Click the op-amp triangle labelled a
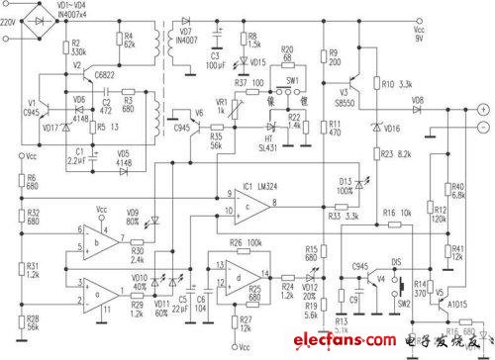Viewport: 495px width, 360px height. pos(96,294)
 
